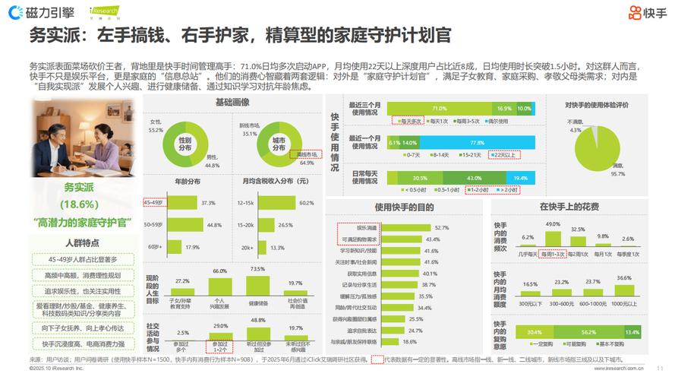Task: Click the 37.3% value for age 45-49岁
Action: [x=208, y=203]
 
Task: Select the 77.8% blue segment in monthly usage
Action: [x=478, y=142]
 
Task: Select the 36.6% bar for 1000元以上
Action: [x=624, y=290]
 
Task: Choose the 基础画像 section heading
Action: [x=232, y=101]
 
